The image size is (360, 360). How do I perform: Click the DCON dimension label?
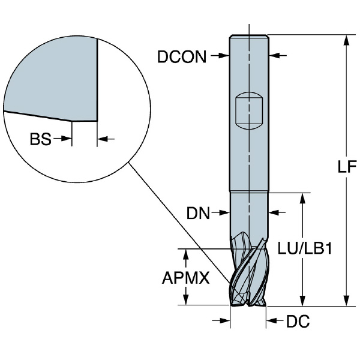coord(181,56)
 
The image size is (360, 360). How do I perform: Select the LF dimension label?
coord(344,168)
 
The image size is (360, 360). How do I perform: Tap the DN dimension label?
coord(197,212)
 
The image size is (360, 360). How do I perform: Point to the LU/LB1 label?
coord(305,248)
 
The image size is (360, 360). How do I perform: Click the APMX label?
coord(184,278)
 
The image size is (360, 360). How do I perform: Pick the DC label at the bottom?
coord(298,322)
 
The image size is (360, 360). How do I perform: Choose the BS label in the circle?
coord(40,139)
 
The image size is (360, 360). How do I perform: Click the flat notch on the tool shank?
coord(248,109)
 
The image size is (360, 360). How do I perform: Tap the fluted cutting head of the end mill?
coord(248,273)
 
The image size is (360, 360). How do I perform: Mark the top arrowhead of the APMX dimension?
coord(188,252)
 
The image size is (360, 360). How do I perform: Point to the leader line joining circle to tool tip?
coord(180,222)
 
